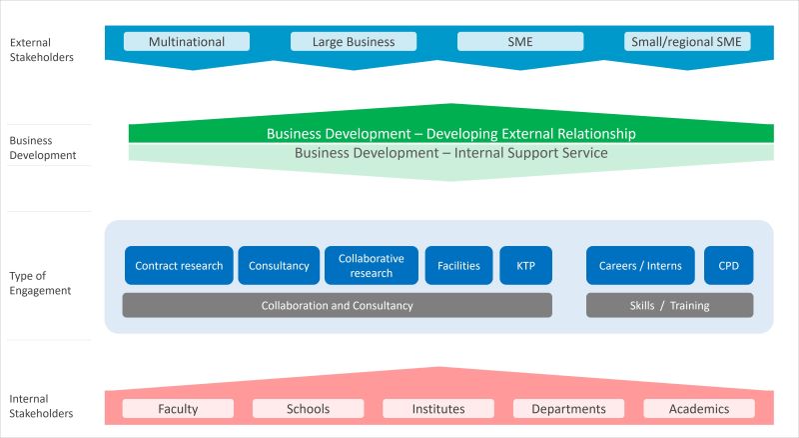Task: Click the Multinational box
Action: pyautogui.click(x=187, y=42)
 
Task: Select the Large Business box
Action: pyautogui.click(x=354, y=42)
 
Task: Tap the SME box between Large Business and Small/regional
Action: pyautogui.click(x=519, y=42)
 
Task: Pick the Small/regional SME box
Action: pyautogui.click(x=686, y=42)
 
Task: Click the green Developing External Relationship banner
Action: pyautogui.click(x=451, y=133)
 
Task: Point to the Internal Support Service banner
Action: pyautogui.click(x=451, y=153)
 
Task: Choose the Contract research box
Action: pyautogui.click(x=179, y=266)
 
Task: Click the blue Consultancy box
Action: pyautogui.click(x=279, y=266)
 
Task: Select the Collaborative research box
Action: pyautogui.click(x=372, y=266)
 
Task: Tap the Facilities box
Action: pyautogui.click(x=458, y=266)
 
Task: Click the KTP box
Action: pyautogui.click(x=525, y=266)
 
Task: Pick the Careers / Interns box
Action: pyautogui.click(x=640, y=266)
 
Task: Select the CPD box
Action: pyautogui.click(x=729, y=266)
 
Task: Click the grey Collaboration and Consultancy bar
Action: pyautogui.click(x=337, y=305)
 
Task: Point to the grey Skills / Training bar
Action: pyautogui.click(x=669, y=305)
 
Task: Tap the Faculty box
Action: pyautogui.click(x=178, y=409)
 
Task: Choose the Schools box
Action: pyautogui.click(x=308, y=409)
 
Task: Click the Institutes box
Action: pyautogui.click(x=438, y=409)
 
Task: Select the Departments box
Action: pyautogui.click(x=568, y=409)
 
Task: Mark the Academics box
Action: pyautogui.click(x=699, y=409)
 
